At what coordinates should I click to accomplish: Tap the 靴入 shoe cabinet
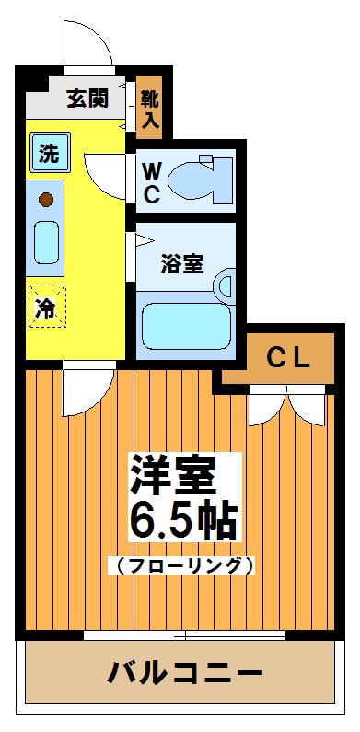point(150,109)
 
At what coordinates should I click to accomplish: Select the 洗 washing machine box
point(48,153)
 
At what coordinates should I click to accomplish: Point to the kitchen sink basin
point(47,240)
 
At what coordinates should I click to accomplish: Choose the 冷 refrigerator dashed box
point(45,308)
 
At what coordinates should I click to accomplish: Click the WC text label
point(154,181)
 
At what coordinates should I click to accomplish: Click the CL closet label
point(288,358)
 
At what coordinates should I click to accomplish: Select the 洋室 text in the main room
point(173,474)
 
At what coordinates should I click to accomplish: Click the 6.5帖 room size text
point(182,521)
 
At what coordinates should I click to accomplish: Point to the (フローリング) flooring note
point(180,564)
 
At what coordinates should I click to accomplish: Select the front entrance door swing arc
point(87,41)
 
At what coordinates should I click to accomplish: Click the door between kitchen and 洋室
point(87,389)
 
